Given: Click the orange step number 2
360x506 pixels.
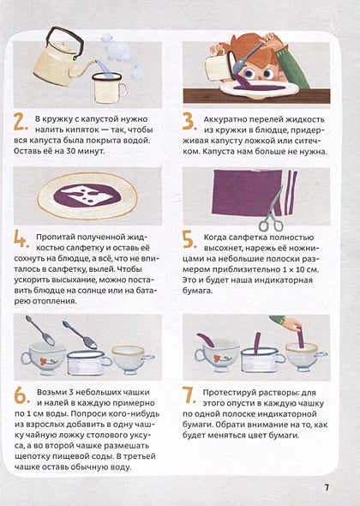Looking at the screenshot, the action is [21, 123].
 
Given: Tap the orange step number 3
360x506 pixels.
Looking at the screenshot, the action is [189, 123].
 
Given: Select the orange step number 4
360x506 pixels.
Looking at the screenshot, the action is [21, 240].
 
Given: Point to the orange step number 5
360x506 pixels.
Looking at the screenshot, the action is [189, 240].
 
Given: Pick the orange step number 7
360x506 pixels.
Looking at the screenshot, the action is [189, 395].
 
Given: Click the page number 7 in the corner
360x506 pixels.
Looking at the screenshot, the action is [327, 487].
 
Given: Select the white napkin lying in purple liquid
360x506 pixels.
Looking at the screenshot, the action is [88, 195].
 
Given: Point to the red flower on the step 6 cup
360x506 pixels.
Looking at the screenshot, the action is [44, 360].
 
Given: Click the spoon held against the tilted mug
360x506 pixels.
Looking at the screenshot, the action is [248, 57].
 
